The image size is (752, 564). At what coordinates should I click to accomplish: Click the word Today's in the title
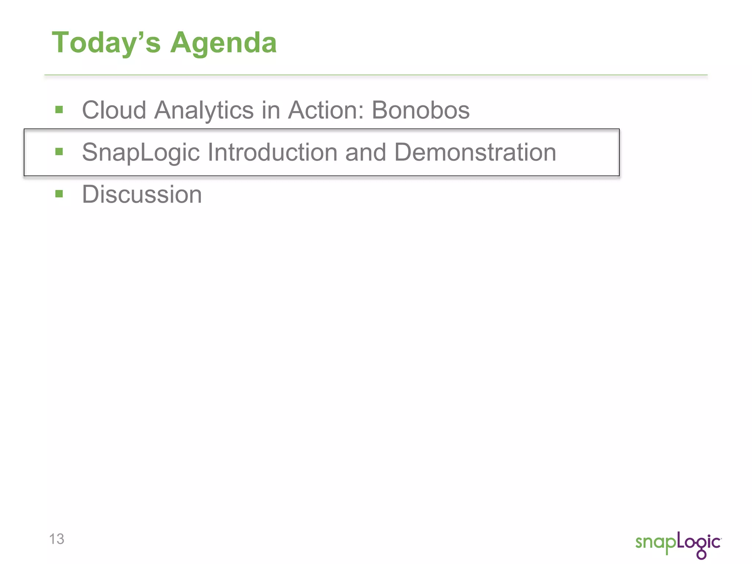pyautogui.click(x=106, y=43)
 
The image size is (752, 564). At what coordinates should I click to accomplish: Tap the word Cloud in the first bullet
pyautogui.click(x=114, y=110)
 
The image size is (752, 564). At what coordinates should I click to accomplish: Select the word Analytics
pyautogui.click(x=204, y=111)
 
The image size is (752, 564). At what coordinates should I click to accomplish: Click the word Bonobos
pyautogui.click(x=420, y=110)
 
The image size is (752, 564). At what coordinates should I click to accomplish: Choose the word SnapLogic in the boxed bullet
pyautogui.click(x=141, y=152)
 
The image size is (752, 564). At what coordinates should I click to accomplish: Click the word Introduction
pyautogui.click(x=272, y=152)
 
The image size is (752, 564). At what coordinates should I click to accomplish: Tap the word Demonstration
pyautogui.click(x=475, y=152)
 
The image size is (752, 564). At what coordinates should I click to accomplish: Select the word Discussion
pyautogui.click(x=142, y=194)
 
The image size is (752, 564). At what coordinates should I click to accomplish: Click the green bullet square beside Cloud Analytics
pyautogui.click(x=59, y=109)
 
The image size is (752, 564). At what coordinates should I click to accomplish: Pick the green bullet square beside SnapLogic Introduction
pyautogui.click(x=59, y=152)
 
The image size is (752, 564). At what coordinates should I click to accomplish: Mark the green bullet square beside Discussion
pyautogui.click(x=59, y=194)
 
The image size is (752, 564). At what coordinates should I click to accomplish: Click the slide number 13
pyautogui.click(x=57, y=539)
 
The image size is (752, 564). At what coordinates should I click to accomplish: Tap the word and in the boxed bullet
pyautogui.click(x=365, y=152)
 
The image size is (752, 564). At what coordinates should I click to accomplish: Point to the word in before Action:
pyautogui.click(x=270, y=110)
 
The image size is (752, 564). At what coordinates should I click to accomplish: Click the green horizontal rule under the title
pyautogui.click(x=376, y=75)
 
